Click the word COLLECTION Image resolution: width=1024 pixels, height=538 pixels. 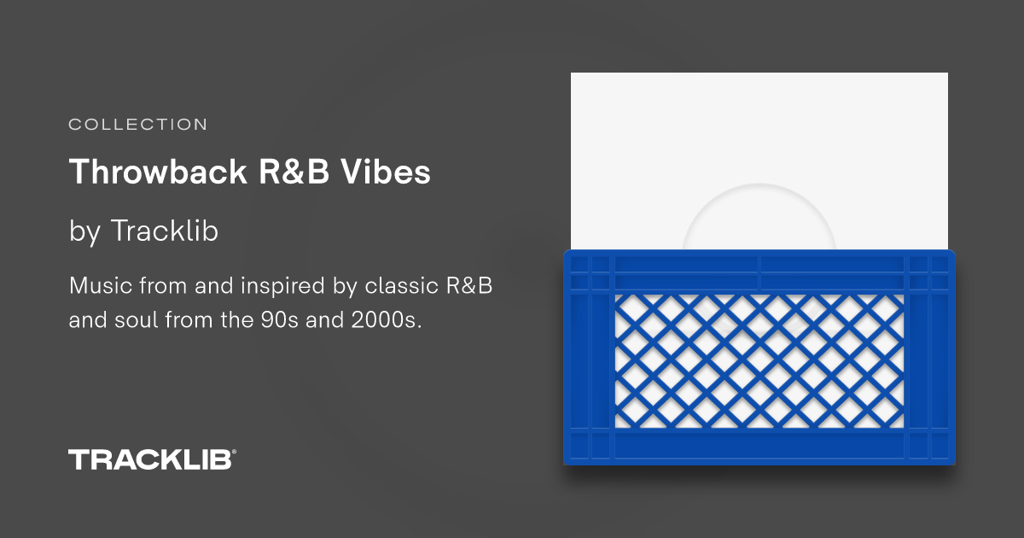pyautogui.click(x=137, y=125)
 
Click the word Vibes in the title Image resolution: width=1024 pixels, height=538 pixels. pyautogui.click(x=389, y=173)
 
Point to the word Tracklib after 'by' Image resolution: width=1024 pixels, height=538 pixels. pyautogui.click(x=164, y=231)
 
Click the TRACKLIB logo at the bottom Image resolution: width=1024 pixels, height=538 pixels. pyautogui.click(x=149, y=459)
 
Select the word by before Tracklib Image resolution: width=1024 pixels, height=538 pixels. pyautogui.click(x=84, y=231)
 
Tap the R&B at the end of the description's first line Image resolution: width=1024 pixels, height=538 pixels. pyautogui.click(x=468, y=285)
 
